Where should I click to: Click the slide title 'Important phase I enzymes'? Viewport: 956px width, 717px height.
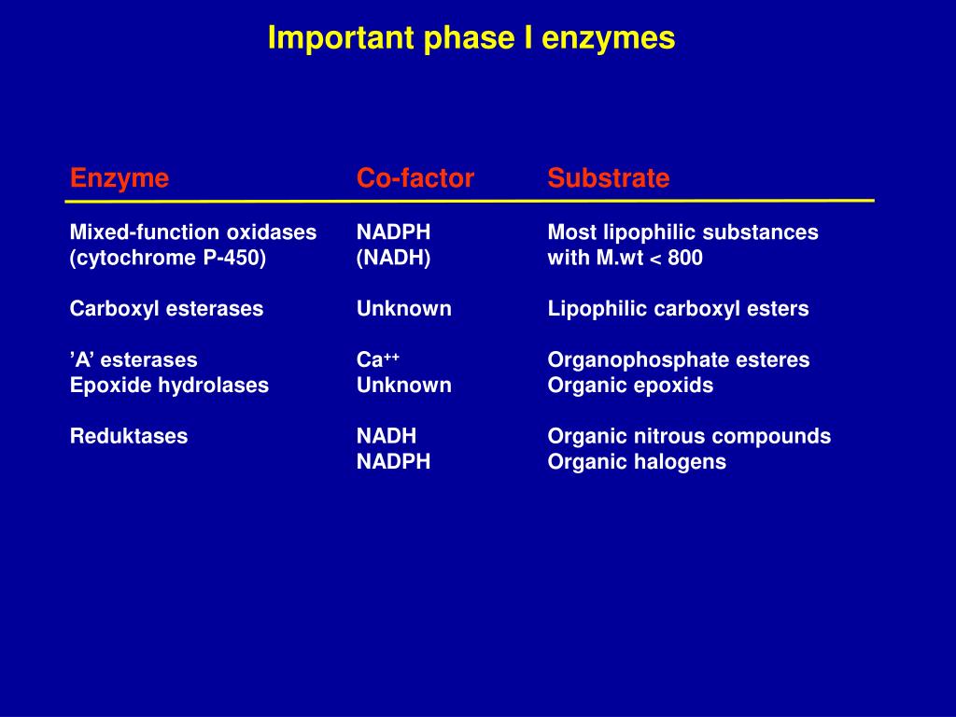coord(471,38)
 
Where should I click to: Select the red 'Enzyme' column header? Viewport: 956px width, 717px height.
coord(119,178)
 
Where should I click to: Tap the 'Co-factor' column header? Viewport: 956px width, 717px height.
coord(415,178)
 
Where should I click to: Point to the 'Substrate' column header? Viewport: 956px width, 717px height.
coord(609,178)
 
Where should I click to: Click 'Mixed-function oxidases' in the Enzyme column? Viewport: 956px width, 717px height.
coord(193,232)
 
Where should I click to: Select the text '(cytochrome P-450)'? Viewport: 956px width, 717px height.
coord(168,259)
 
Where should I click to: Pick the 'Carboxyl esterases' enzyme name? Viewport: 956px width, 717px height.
coord(166,309)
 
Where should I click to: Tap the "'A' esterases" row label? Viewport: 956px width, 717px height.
coord(134,360)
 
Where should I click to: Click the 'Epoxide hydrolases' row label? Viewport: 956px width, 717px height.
coord(169,386)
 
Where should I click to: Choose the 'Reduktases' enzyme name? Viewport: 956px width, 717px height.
coord(129,436)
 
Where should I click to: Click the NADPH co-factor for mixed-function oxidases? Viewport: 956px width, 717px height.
coord(393,232)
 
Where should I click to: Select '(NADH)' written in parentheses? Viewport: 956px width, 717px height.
coord(393,259)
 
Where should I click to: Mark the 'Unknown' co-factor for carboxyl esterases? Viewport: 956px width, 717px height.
coord(403,309)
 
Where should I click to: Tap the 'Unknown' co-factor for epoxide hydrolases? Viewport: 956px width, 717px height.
coord(403,386)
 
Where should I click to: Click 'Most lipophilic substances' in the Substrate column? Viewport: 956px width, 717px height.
coord(682,232)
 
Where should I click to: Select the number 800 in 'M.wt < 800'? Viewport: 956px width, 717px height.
coord(685,259)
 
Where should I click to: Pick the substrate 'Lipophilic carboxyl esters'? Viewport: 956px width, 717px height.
coord(678,309)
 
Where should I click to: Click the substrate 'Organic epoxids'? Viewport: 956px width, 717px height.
coord(630,386)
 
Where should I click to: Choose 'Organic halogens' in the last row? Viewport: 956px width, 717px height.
coord(637,462)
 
